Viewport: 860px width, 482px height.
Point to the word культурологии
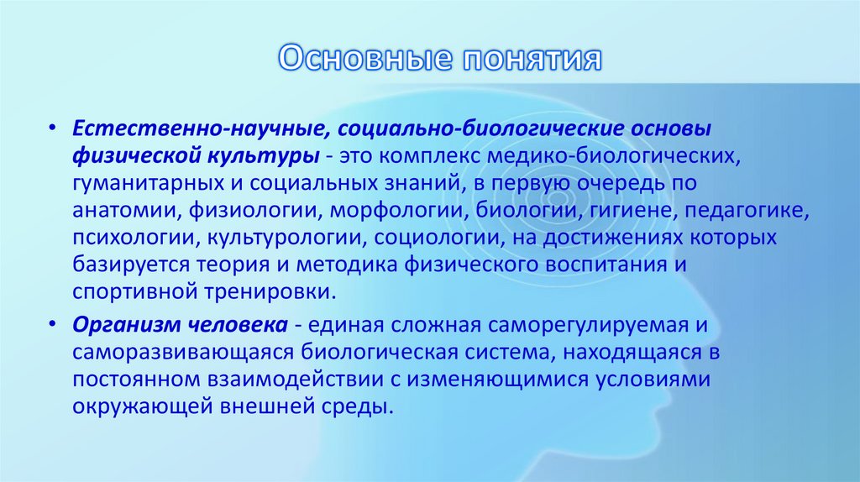point(283,238)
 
